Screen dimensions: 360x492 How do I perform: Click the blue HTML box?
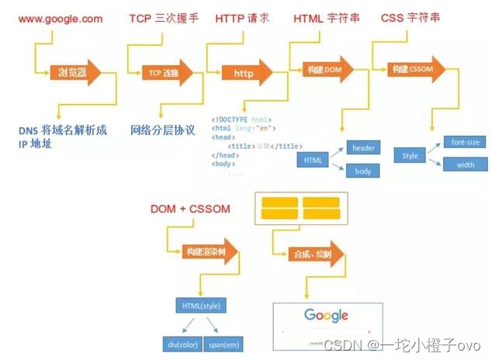point(313,160)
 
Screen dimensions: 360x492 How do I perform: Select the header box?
point(363,147)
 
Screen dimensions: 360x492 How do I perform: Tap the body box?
point(363,171)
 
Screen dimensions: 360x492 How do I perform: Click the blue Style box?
point(410,156)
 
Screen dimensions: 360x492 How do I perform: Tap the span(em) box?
point(222,342)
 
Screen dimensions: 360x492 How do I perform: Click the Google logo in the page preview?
point(326,315)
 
